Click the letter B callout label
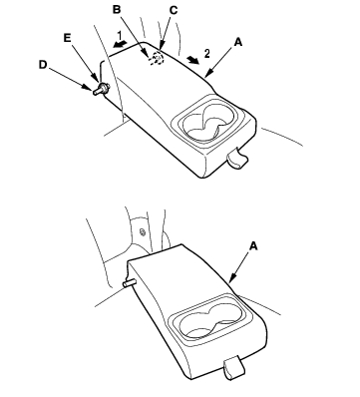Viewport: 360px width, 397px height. (117, 9)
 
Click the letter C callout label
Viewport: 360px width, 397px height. (174, 10)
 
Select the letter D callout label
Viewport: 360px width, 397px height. (43, 65)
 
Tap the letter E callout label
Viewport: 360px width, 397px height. (67, 38)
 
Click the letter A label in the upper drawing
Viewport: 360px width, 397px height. (238, 42)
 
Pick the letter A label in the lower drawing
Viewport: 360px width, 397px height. (253, 246)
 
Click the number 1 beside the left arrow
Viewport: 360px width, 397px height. (120, 35)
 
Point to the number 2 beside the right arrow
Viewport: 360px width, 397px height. (207, 54)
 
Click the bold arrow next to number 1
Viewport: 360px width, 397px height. (119, 44)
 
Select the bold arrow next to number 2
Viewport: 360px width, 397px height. (192, 60)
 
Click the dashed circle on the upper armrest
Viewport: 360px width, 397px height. (157, 59)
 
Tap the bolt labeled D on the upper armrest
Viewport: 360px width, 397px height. (102, 90)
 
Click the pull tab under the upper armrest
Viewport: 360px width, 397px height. (237, 158)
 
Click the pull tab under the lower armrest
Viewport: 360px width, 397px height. (233, 368)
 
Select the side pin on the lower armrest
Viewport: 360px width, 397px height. (130, 283)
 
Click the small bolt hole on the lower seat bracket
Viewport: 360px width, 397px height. (143, 231)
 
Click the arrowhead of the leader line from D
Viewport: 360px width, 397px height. (90, 89)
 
